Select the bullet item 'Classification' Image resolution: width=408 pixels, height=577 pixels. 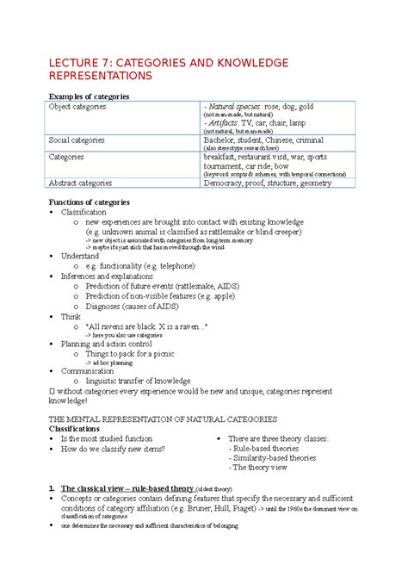(83, 212)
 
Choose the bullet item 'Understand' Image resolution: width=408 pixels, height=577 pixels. (79, 256)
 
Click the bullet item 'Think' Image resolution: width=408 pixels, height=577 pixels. (71, 317)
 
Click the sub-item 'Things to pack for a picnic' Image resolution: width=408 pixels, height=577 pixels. (136, 353)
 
